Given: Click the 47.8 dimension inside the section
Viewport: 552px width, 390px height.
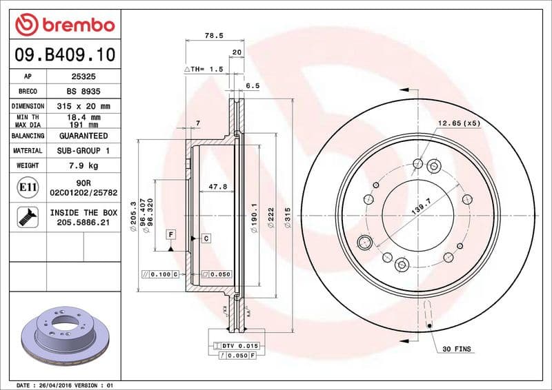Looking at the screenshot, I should coord(218,187).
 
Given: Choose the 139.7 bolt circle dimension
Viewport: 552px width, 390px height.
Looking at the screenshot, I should coord(421,206).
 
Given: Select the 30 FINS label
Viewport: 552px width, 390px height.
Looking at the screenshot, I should coord(457,349).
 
